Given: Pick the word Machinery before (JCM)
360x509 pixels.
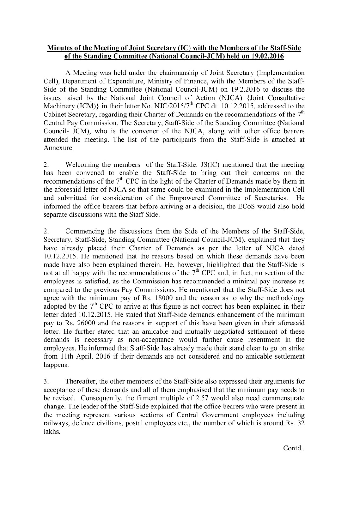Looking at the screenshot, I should pos(58,106).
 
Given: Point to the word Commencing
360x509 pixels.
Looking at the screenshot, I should pos(85,231).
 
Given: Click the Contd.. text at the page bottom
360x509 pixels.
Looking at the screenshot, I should pos(294,448).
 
